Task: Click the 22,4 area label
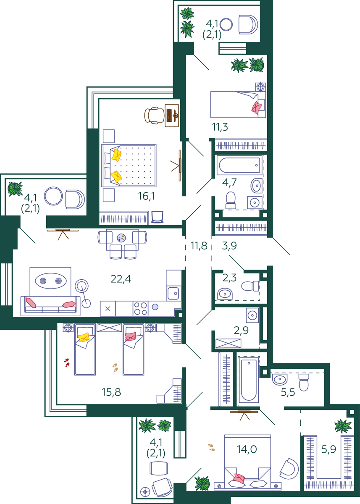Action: pos(121,279)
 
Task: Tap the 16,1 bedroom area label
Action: pos(147,196)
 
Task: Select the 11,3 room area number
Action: pos(220,127)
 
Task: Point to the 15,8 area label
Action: pos(111,392)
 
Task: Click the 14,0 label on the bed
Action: pos(247,449)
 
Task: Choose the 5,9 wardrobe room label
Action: pos(328,449)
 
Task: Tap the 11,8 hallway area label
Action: pos(199,245)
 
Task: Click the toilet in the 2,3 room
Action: pos(250,286)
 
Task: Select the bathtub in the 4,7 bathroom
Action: pos(239,165)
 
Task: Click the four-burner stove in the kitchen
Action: pos(140,309)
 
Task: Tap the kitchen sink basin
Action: pos(173,294)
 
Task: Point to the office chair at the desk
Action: pos(154,115)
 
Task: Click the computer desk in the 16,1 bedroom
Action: pos(172,115)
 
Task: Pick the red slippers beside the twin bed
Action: pos(67,363)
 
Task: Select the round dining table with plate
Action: pos(121,238)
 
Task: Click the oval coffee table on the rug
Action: pos(51,281)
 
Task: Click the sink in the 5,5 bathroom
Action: pos(280,379)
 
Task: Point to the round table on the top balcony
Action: pos(226,24)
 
